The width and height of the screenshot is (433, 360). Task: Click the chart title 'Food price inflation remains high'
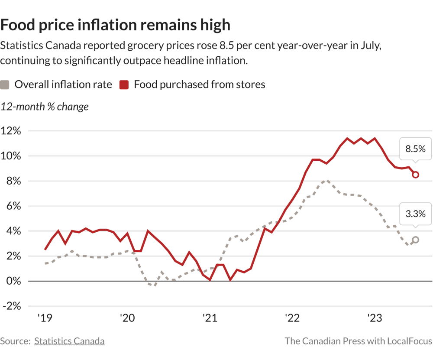pyautogui.click(x=115, y=25)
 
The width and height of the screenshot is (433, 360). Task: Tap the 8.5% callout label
pyautogui.click(x=415, y=149)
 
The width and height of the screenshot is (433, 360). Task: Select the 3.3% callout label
pyautogui.click(x=415, y=214)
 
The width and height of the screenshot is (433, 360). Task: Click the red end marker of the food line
pyautogui.click(x=415, y=175)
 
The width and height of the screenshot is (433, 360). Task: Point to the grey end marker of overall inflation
pyautogui.click(x=415, y=240)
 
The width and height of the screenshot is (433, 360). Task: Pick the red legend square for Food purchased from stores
pyautogui.click(x=124, y=84)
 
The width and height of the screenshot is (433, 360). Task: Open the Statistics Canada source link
pyautogui.click(x=69, y=341)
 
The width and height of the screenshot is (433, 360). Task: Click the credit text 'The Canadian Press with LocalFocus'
pyautogui.click(x=358, y=341)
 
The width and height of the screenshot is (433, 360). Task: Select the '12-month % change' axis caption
pyautogui.click(x=45, y=107)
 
